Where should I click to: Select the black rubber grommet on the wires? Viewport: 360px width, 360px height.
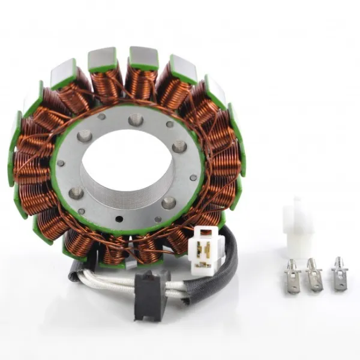point(148,294)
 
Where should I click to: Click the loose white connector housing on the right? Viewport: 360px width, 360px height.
point(296,226)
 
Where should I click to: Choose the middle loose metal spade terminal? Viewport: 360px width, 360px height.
point(314,274)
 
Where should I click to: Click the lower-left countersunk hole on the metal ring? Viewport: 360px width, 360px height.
point(77,193)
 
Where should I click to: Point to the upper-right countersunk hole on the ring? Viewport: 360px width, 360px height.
point(178,146)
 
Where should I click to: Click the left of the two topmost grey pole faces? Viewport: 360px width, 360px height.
point(101,58)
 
